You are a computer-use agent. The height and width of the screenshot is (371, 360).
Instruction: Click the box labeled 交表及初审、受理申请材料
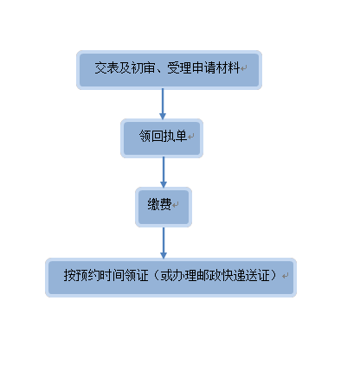pos(169,70)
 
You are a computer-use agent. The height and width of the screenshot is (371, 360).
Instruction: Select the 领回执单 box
pos(162,138)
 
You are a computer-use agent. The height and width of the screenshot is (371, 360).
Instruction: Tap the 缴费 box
pos(164,207)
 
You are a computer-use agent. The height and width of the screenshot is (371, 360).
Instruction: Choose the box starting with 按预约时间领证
pos(170,278)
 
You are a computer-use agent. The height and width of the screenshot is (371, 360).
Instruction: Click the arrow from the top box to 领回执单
pos(163,104)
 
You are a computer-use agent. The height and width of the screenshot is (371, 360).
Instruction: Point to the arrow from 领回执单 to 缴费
pos(164,172)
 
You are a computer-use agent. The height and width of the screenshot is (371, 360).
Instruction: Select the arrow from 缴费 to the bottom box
pos(164,243)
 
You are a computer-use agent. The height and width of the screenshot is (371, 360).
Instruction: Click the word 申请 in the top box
pos(203,68)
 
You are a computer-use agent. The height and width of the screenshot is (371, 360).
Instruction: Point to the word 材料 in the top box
pos(228,68)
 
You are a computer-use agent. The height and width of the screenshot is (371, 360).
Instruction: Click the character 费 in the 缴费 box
pos(165,204)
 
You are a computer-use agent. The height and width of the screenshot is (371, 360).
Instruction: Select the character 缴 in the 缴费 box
pos(154,204)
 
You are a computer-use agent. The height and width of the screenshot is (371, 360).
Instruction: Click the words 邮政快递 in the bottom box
pos(221,275)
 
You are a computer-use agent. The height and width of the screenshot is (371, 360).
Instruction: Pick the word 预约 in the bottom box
pos(81,275)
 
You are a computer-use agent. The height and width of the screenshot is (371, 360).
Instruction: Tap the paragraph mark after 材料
pos(244,68)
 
